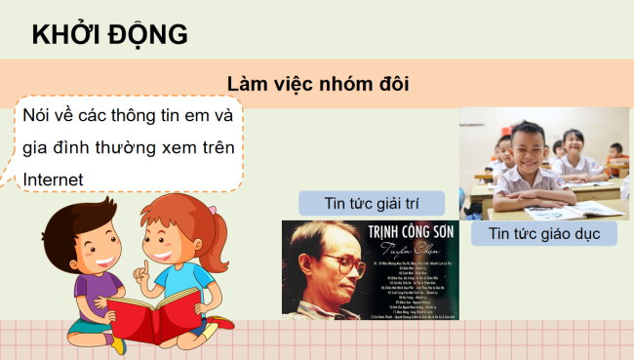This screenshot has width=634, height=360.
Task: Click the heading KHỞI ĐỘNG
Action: pos(109,34)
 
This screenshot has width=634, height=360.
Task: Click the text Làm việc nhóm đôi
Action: pos(316,84)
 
